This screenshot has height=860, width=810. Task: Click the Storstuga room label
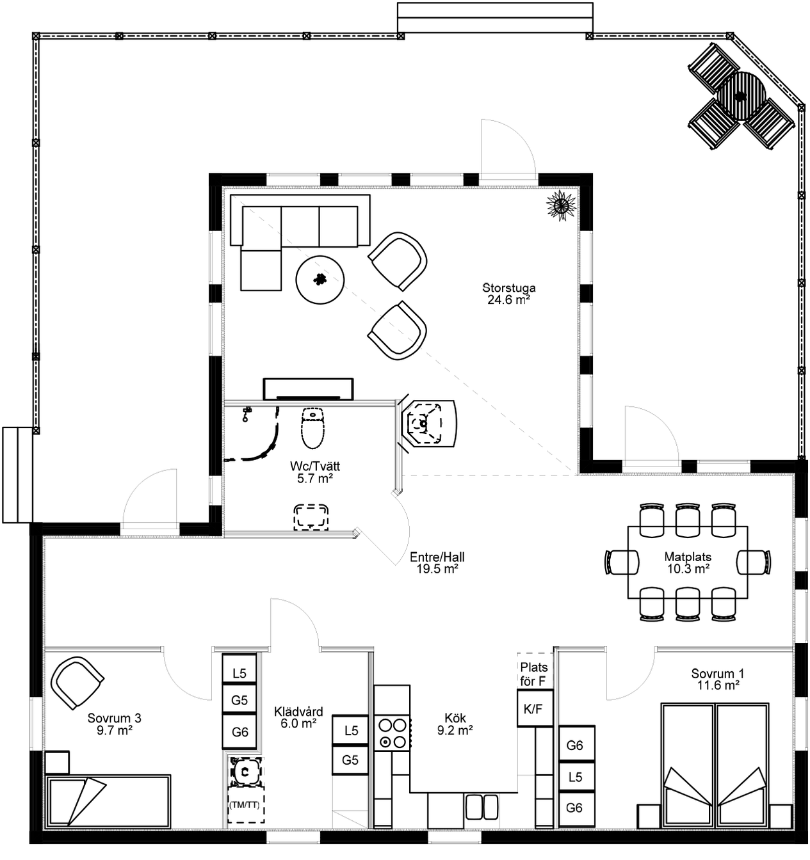(509, 287)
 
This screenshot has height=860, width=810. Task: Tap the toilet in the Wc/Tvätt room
(313, 428)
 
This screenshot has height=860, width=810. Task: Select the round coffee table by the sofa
(320, 280)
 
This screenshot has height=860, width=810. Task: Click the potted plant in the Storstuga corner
(561, 205)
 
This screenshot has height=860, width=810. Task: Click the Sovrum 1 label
(718, 673)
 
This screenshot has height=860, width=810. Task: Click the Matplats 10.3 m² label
(688, 562)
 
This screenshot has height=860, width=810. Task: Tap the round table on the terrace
(741, 96)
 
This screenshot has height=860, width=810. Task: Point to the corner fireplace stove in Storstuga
(428, 423)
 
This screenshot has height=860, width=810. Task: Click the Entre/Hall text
(437, 557)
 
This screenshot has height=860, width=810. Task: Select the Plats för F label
(534, 674)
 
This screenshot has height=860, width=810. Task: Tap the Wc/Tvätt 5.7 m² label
(315, 472)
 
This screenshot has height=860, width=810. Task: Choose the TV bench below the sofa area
(308, 389)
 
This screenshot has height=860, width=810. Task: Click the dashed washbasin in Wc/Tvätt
(311, 516)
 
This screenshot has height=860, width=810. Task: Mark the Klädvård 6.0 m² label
(298, 717)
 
